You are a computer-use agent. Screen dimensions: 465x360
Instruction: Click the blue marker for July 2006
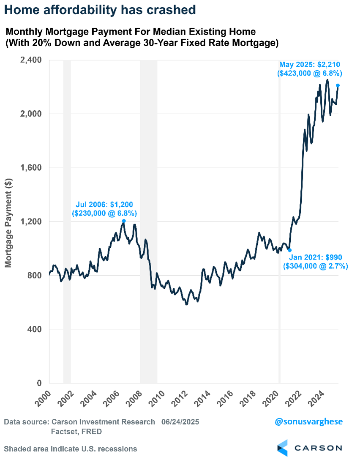point(124,221)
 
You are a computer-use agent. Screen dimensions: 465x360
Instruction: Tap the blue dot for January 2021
point(289,250)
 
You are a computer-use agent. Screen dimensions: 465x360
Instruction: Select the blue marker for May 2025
point(338,85)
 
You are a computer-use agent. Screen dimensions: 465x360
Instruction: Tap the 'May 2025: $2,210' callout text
point(310,65)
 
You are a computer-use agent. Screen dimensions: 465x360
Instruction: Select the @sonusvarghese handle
point(309,421)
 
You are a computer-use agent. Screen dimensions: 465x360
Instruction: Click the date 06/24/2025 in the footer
point(180,422)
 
